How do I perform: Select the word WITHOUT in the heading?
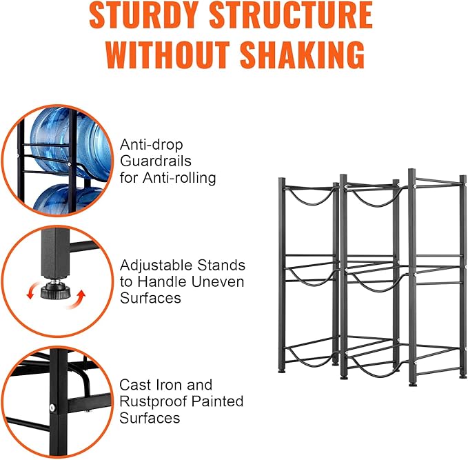pos(167,55)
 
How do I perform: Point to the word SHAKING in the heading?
pos(303,55)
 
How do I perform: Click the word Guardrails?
pos(156,161)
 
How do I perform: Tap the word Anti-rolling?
pos(179,178)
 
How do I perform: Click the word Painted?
pos(217,401)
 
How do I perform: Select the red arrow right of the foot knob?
pos(77,300)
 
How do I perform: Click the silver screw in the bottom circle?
pos(52,408)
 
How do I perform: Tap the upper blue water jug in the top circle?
pos(70,142)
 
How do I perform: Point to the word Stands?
pos(221,266)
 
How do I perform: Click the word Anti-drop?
pos(152,146)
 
